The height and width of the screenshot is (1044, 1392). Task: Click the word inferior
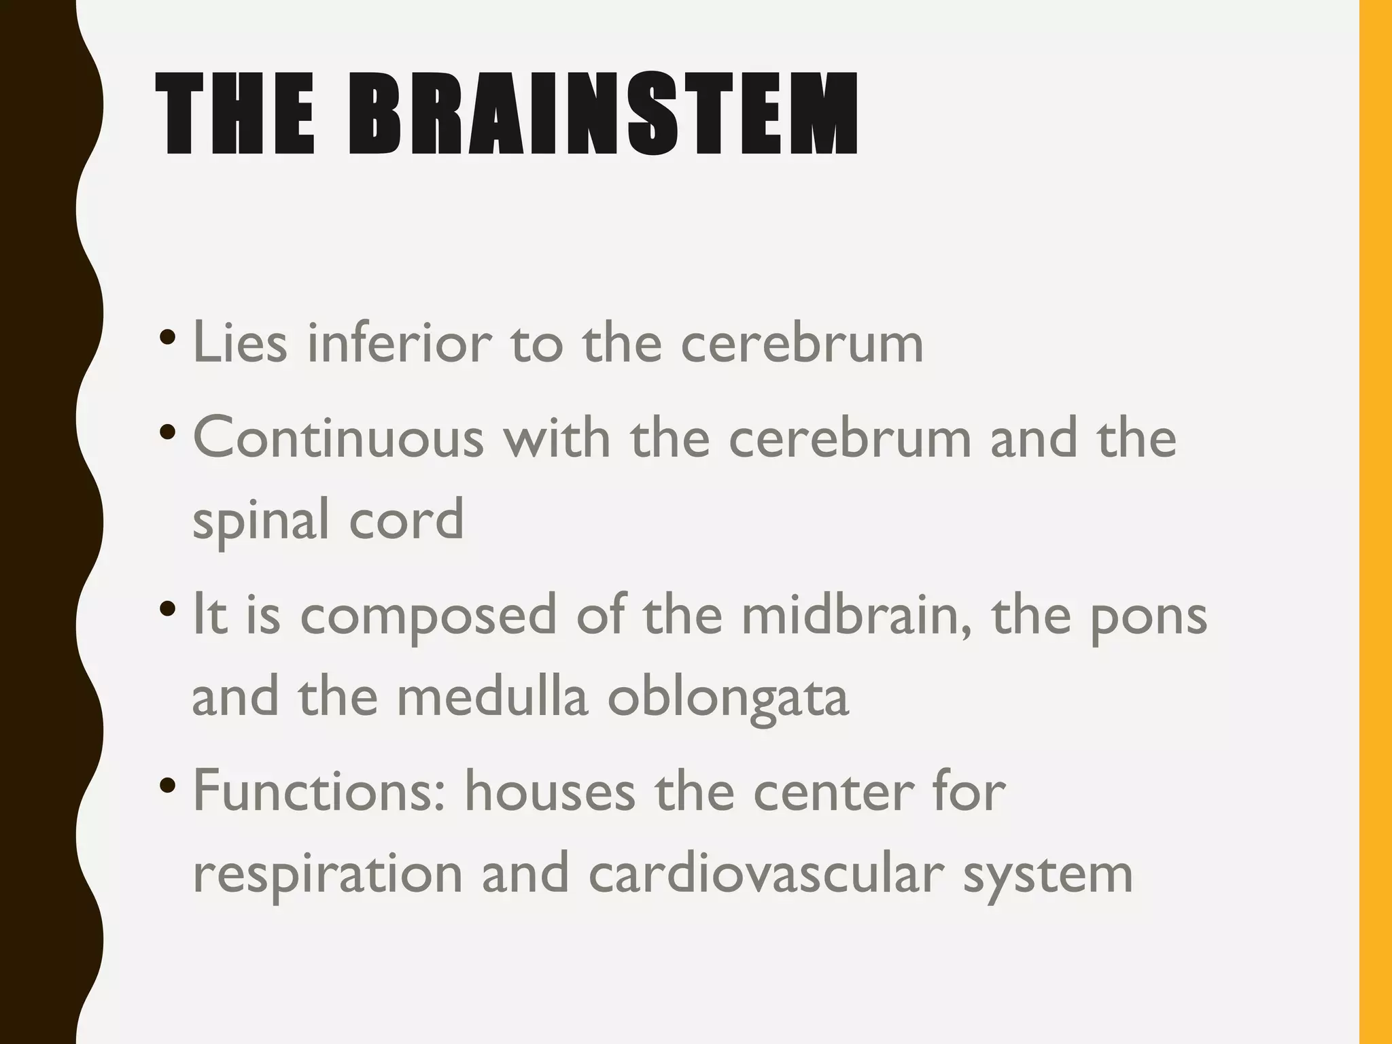pyautogui.click(x=400, y=343)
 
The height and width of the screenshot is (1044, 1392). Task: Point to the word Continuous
pyautogui.click(x=338, y=438)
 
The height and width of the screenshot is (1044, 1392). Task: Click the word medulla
pyautogui.click(x=492, y=696)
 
